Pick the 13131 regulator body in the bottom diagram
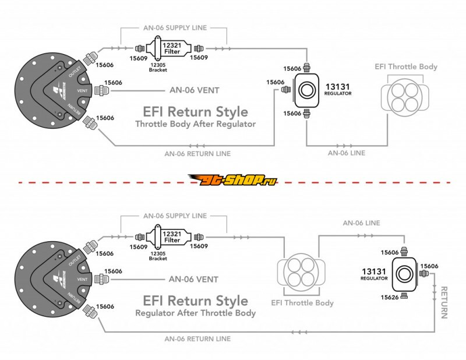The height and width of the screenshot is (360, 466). click(x=404, y=274)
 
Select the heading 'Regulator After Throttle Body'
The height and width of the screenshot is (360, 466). click(x=195, y=313)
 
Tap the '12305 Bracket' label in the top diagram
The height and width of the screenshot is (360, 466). click(x=158, y=67)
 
